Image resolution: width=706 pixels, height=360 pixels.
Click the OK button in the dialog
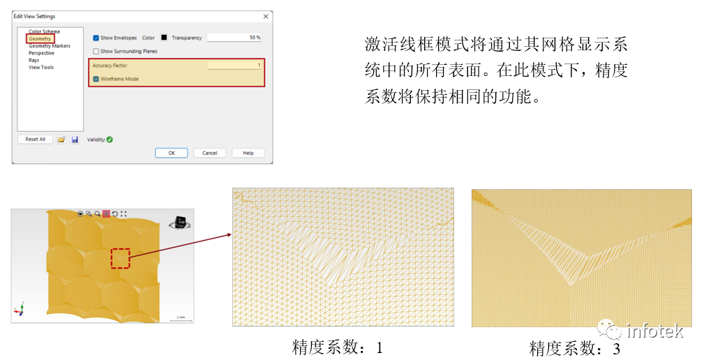(x=172, y=153)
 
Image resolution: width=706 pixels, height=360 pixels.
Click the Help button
(x=248, y=153)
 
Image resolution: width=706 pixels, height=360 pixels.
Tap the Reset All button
(x=35, y=140)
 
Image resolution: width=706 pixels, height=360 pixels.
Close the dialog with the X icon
(x=265, y=16)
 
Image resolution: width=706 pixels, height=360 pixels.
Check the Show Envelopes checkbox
(x=96, y=38)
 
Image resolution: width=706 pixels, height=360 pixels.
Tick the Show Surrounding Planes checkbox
(x=96, y=51)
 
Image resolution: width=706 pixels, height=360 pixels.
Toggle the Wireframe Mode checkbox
(x=96, y=79)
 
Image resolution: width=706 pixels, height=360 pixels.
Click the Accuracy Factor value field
(x=234, y=65)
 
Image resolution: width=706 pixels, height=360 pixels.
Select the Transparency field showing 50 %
(x=234, y=38)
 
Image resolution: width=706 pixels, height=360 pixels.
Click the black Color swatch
(x=164, y=38)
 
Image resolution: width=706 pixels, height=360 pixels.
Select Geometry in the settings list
(x=40, y=39)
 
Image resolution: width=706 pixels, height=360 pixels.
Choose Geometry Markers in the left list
(x=49, y=46)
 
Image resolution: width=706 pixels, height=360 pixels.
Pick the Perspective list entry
(x=41, y=53)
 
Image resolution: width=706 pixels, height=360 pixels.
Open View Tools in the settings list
(x=40, y=67)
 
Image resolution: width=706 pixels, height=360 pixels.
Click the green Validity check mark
(x=110, y=140)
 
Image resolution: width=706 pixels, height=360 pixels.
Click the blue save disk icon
(x=75, y=140)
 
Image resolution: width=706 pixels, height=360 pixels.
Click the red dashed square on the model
(x=120, y=258)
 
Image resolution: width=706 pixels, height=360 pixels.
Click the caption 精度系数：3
(x=574, y=347)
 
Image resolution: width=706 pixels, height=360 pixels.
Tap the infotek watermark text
(x=654, y=331)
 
